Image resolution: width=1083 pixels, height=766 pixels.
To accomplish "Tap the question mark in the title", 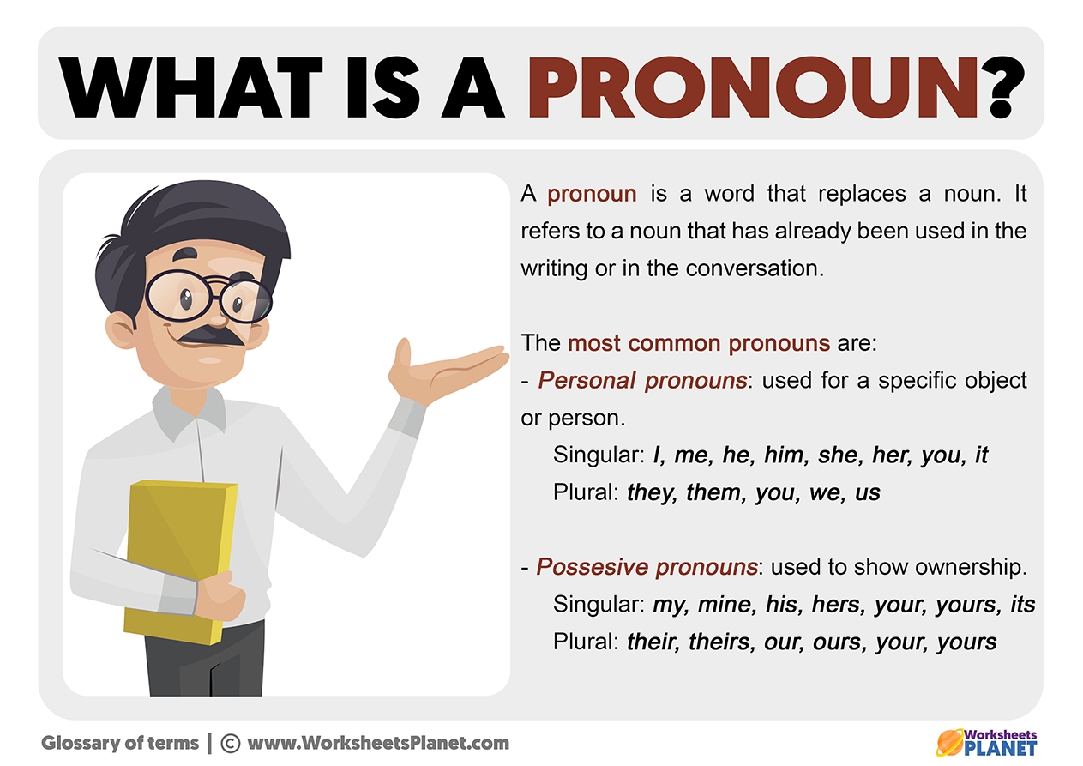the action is pyautogui.click(x=1006, y=87).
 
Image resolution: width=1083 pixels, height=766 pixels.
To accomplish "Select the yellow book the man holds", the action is pyautogui.click(x=180, y=562).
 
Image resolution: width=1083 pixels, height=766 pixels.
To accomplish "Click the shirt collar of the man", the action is pyautogui.click(x=189, y=411).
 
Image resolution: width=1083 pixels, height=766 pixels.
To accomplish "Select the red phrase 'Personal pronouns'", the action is pyautogui.click(x=642, y=381).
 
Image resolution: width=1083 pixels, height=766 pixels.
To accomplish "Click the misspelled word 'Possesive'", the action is pyautogui.click(x=592, y=567).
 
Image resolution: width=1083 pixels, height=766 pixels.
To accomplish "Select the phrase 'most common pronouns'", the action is pyautogui.click(x=699, y=344).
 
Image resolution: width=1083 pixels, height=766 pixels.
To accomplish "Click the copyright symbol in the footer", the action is pyautogui.click(x=231, y=744).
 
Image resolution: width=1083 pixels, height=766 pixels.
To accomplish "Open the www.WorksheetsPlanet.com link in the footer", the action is pyautogui.click(x=378, y=743).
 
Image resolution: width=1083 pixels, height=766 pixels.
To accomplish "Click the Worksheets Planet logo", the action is pyautogui.click(x=986, y=742).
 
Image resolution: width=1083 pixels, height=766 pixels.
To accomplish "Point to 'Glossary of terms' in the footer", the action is pyautogui.click(x=120, y=744).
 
